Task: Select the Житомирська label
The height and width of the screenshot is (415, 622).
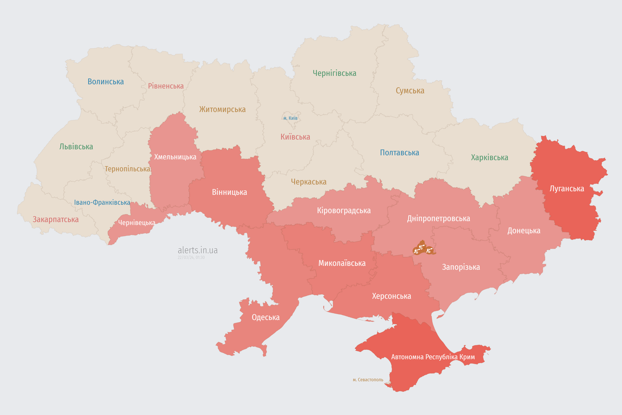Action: point(222,109)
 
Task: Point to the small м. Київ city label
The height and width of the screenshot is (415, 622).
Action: point(290,118)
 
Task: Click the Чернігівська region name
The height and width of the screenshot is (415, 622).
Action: point(334,73)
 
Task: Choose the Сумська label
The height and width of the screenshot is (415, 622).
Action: point(410,90)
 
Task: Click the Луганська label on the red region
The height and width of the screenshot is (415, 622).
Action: point(567,189)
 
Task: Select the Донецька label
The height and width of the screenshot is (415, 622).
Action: point(524,231)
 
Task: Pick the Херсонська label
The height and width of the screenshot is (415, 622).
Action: point(391,296)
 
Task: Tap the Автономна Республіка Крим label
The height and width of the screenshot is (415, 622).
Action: point(433,357)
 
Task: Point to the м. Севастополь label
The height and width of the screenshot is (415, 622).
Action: point(368,380)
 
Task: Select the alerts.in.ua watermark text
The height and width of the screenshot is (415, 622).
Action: point(198,250)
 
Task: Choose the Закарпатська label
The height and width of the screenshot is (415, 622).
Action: point(56,219)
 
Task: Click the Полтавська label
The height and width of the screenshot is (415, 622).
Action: point(399,153)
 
